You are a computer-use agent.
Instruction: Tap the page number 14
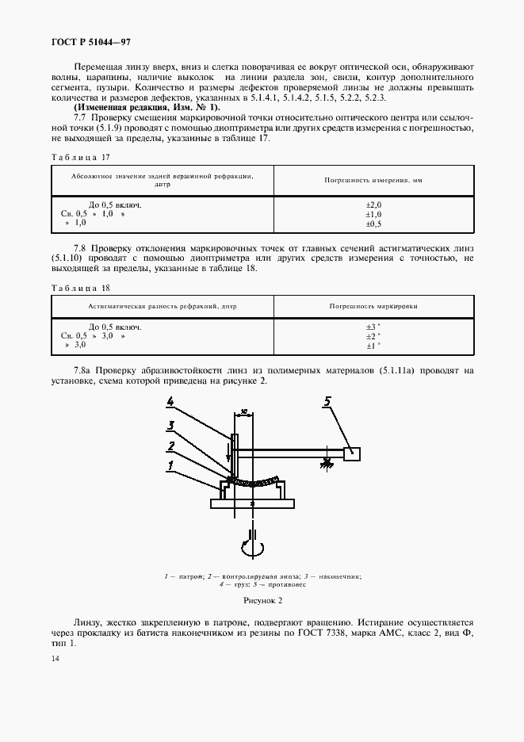point(55,659)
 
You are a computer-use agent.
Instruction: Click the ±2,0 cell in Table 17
point(373,205)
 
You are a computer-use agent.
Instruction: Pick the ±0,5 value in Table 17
point(373,225)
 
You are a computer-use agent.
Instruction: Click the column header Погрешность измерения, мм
point(373,181)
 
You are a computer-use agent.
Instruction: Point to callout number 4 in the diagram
point(170,400)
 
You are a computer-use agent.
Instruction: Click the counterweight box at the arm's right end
point(352,453)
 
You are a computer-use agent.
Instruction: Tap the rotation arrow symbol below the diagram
point(251,547)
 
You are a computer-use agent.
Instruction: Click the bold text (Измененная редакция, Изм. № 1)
point(145,107)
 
